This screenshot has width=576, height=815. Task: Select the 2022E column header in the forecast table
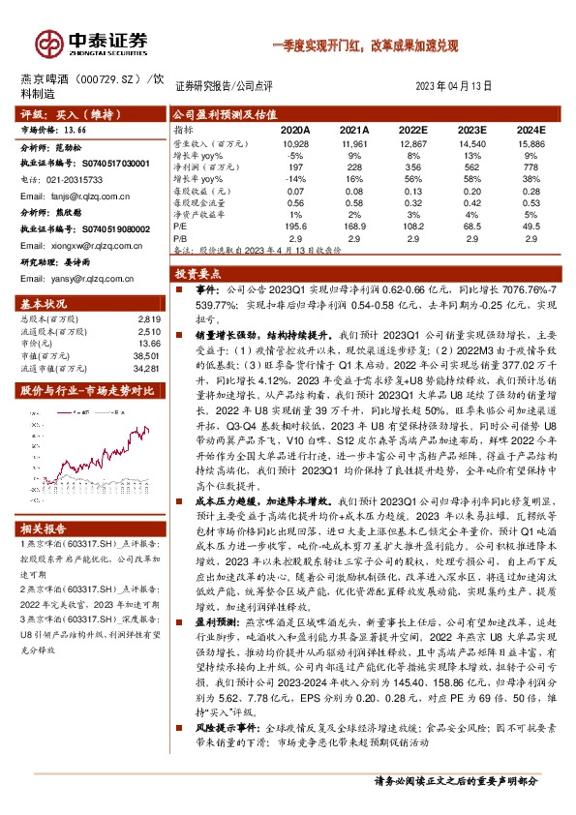point(412,128)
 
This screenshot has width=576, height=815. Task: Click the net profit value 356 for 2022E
point(414,166)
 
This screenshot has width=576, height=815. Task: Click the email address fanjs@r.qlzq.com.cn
point(76,196)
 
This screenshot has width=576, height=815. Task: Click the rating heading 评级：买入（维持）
point(64,113)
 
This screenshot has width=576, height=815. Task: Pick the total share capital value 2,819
point(147,318)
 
